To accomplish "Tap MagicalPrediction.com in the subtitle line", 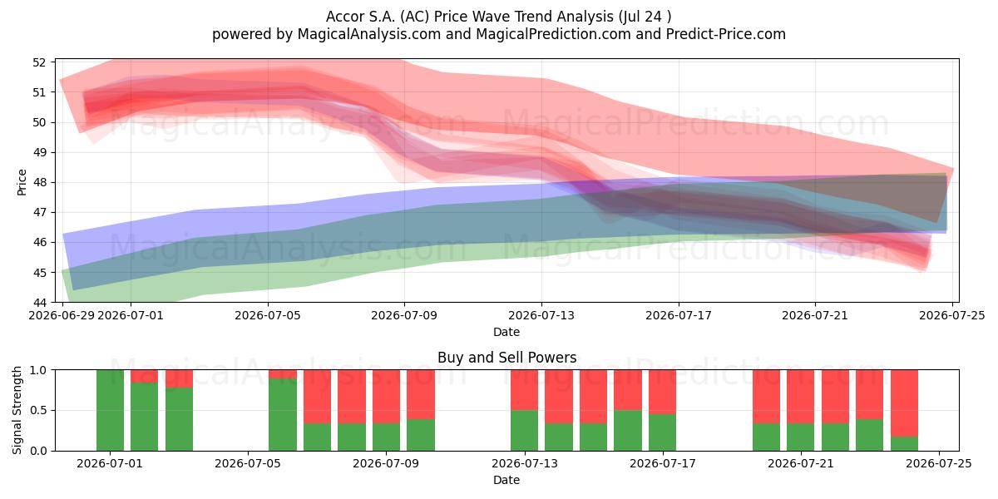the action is [x=553, y=34].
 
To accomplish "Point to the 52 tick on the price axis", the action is [x=39, y=62].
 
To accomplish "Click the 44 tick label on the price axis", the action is [x=39, y=303].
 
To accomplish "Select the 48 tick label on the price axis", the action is [x=39, y=183].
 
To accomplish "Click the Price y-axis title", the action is [x=22, y=182].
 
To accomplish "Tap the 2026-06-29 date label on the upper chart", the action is [x=62, y=315].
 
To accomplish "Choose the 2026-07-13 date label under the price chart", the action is [x=541, y=315].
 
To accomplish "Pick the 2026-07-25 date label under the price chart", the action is [x=952, y=315].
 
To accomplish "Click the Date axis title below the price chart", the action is [x=506, y=332].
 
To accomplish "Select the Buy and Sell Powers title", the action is [x=506, y=358].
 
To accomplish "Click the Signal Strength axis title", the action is [x=17, y=410].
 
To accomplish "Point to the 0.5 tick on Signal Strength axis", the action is [x=37, y=410].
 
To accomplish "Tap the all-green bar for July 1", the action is [x=110, y=410].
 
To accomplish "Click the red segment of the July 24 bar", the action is [x=904, y=403].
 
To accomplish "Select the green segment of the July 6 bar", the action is [x=283, y=415].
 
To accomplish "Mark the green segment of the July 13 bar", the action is [x=524, y=431].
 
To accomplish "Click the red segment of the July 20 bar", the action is [x=766, y=397].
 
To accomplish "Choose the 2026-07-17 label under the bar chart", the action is [x=663, y=464].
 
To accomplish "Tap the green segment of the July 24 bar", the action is [x=904, y=444].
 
